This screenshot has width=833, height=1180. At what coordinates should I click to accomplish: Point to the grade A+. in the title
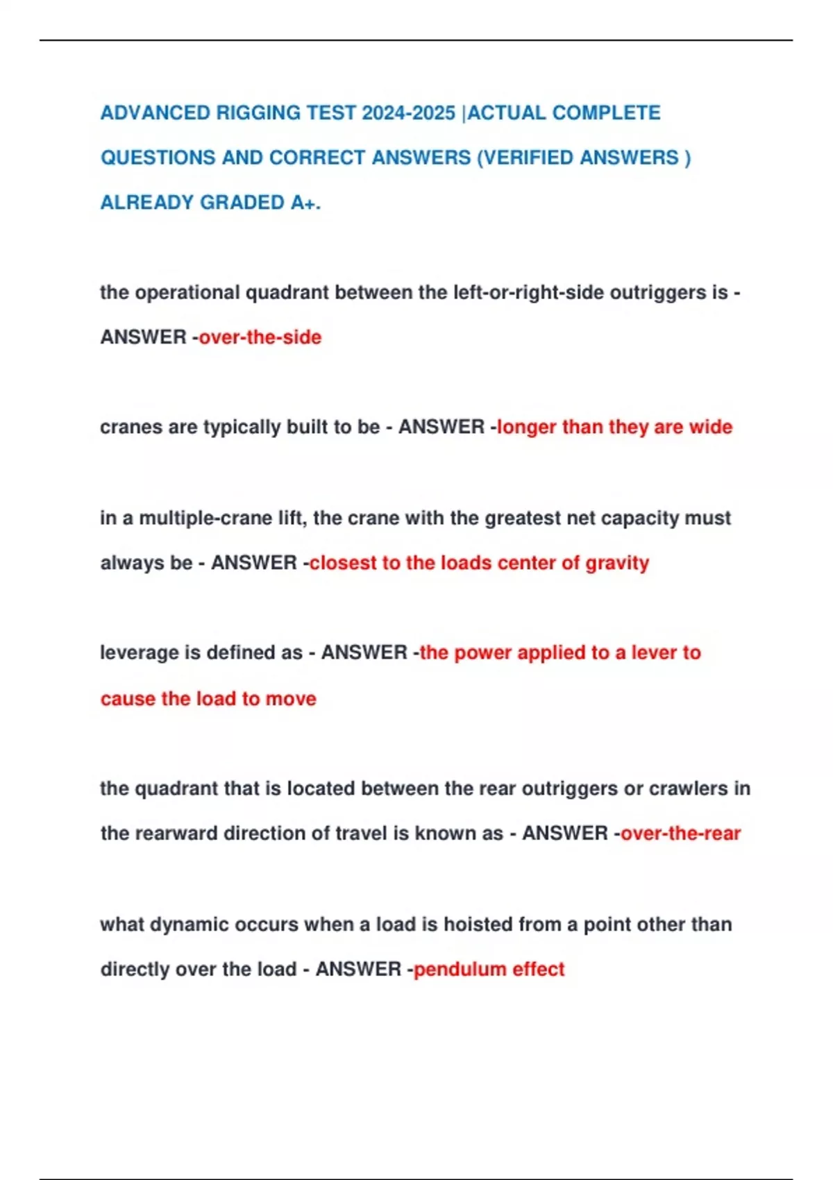click(x=305, y=203)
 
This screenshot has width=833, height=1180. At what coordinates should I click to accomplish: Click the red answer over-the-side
click(x=260, y=337)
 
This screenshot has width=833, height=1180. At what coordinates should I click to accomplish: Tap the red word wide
click(x=710, y=427)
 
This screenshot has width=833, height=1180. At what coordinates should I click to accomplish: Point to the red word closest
click(x=343, y=563)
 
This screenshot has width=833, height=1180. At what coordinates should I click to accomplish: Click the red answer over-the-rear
click(x=681, y=833)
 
